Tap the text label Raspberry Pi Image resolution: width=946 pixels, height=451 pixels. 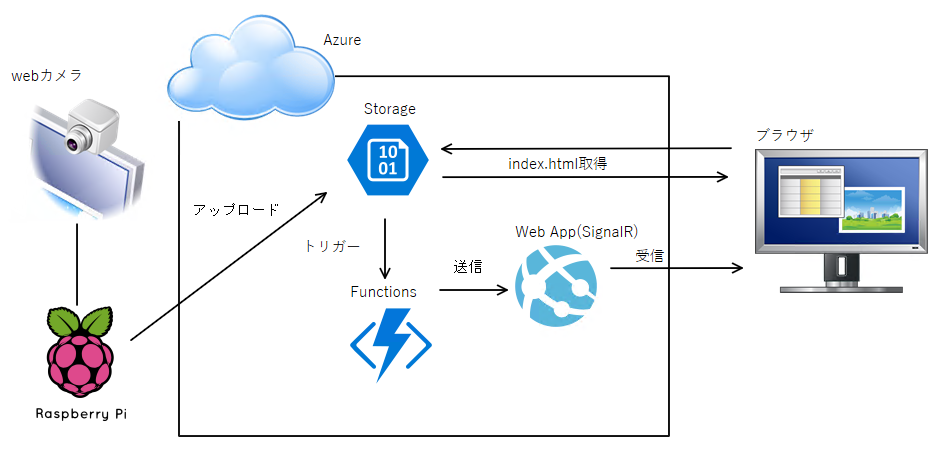tap(80, 412)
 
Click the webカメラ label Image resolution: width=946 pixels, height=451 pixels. tap(46, 76)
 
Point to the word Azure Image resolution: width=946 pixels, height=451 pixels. tap(342, 40)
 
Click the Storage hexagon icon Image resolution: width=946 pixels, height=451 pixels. tap(388, 160)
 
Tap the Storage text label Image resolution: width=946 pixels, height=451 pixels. tap(390, 108)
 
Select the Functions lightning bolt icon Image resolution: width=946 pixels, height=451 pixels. tap(390, 343)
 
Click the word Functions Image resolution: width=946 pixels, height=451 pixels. tap(383, 291)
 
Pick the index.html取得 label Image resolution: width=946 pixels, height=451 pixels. tap(557, 163)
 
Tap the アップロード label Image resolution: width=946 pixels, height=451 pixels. tap(235, 210)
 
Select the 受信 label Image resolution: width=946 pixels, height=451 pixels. tap(650, 255)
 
